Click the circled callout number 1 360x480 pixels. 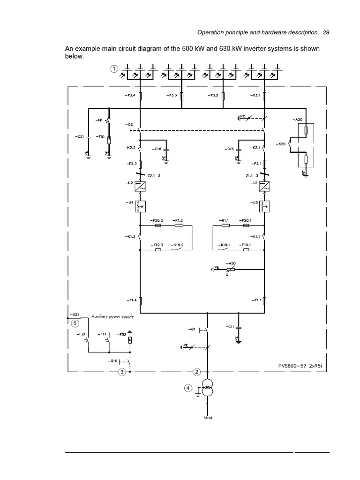[113, 69]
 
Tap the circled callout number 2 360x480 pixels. [197, 372]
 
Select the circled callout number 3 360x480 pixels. [122, 372]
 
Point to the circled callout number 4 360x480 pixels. [189, 388]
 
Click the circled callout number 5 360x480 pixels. [75, 322]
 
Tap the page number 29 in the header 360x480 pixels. [326, 33]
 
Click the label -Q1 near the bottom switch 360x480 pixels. [192, 329]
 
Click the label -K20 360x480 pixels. [282, 144]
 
